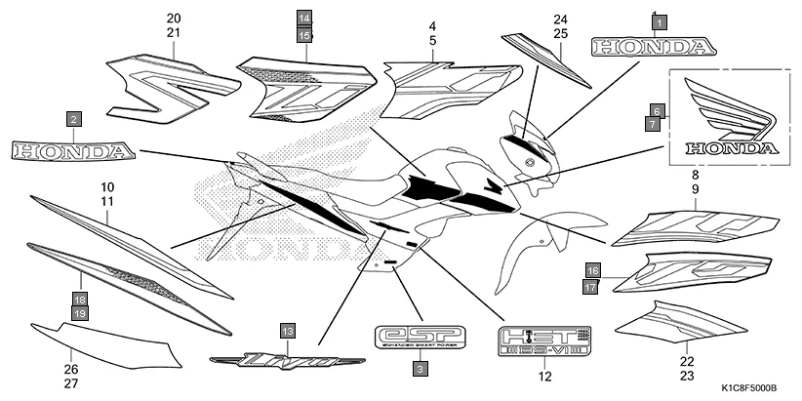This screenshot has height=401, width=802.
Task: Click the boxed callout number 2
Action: coord(73,119)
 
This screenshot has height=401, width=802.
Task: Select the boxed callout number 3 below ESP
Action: coord(418,369)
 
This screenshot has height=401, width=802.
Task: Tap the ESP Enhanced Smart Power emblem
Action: coord(421,336)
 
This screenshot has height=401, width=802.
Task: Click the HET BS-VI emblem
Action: coord(544,340)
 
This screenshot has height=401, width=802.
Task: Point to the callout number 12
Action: coord(544,376)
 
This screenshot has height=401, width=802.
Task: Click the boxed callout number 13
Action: coord(286,332)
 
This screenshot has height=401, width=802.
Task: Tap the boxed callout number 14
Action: coord(304,19)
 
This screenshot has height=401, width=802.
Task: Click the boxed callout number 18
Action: coord(81,299)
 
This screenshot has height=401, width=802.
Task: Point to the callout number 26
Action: coord(70,370)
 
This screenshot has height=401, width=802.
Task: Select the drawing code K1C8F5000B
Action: coord(747,387)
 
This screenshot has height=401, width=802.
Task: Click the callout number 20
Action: coord(174,20)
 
